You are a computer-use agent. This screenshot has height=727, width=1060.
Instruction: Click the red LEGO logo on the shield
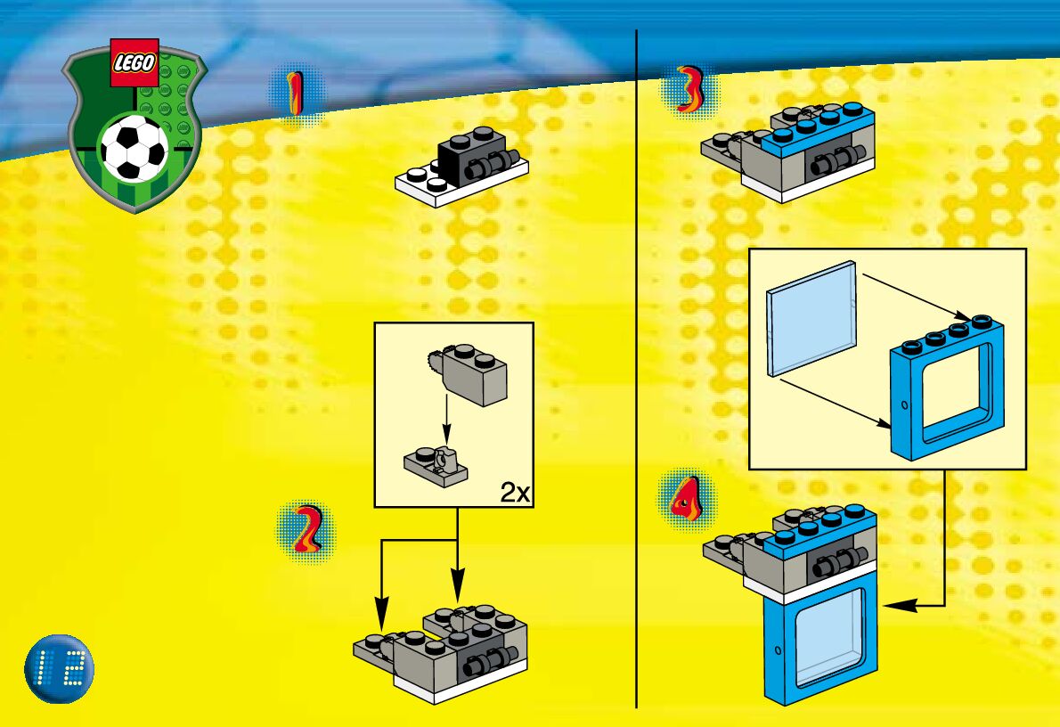(x=135, y=62)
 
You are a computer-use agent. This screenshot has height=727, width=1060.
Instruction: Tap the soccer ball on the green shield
(x=134, y=149)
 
